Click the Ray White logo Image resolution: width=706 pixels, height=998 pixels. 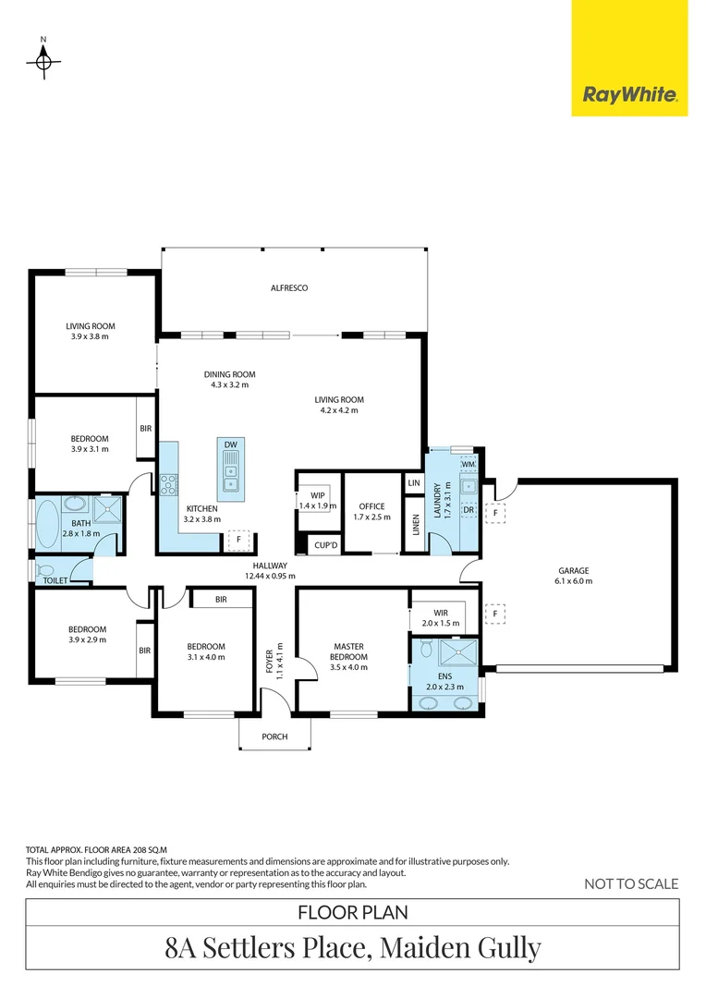(x=629, y=94)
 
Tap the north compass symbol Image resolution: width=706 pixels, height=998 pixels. (x=43, y=62)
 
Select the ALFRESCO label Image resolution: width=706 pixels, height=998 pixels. (x=288, y=288)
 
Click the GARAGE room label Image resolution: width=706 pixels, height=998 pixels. (x=573, y=570)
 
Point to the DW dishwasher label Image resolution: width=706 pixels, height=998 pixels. (x=230, y=445)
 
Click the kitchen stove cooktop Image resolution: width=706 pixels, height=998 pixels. (x=168, y=482)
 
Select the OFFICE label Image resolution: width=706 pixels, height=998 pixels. (x=371, y=506)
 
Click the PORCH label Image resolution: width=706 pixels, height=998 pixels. (x=274, y=736)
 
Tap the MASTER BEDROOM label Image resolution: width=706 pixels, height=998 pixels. (x=351, y=652)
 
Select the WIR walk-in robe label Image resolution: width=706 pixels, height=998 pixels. (x=441, y=612)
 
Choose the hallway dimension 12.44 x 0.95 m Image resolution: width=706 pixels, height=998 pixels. (x=270, y=576)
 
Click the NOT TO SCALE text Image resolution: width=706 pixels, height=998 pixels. (x=631, y=883)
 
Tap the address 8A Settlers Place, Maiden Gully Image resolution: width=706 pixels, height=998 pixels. (x=352, y=947)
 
